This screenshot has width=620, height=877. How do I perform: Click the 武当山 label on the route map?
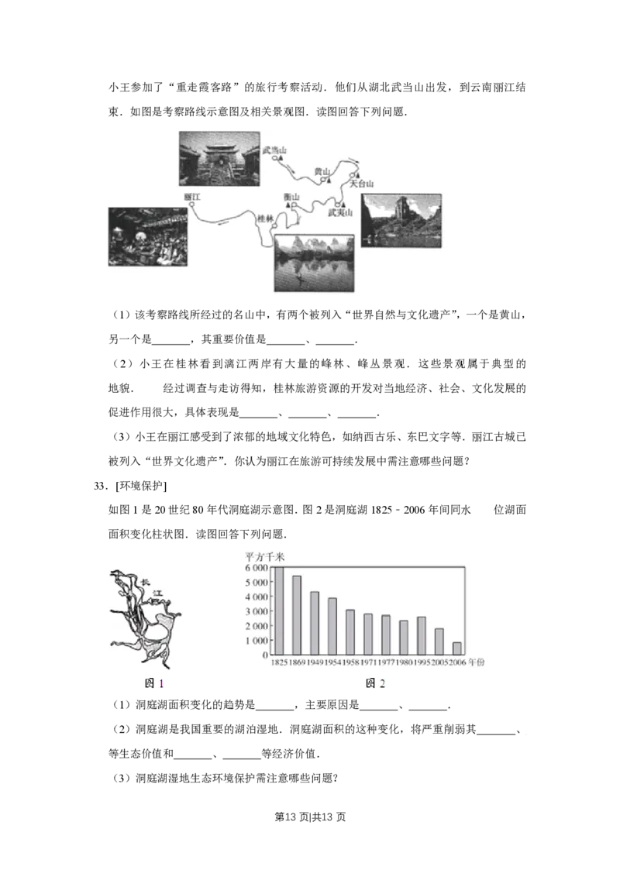[x=274, y=150]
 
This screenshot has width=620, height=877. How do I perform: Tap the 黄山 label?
[x=322, y=171]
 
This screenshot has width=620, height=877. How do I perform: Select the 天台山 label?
[x=361, y=184]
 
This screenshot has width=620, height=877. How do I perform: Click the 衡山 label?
[x=292, y=198]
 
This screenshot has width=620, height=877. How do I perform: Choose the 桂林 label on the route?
[x=265, y=219]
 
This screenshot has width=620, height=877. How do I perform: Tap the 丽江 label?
[x=192, y=198]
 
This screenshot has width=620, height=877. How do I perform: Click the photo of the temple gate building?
[x=219, y=159]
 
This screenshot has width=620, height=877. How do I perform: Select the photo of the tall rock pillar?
[x=401, y=220]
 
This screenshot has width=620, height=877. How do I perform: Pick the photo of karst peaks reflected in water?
[x=313, y=263]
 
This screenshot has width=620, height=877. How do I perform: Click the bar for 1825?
[x=277, y=611]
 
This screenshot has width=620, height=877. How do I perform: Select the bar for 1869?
[x=296, y=615]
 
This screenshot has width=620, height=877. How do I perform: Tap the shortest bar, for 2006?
[x=456, y=648]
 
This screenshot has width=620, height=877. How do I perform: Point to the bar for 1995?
[x=421, y=635]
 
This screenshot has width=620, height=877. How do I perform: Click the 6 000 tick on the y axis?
[x=257, y=568]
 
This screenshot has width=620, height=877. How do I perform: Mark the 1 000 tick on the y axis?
[x=257, y=641]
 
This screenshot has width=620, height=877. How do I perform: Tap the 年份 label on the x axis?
[x=476, y=663]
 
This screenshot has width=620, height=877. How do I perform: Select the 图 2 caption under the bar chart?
[x=375, y=683]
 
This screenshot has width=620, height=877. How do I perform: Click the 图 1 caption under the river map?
[x=154, y=683]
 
